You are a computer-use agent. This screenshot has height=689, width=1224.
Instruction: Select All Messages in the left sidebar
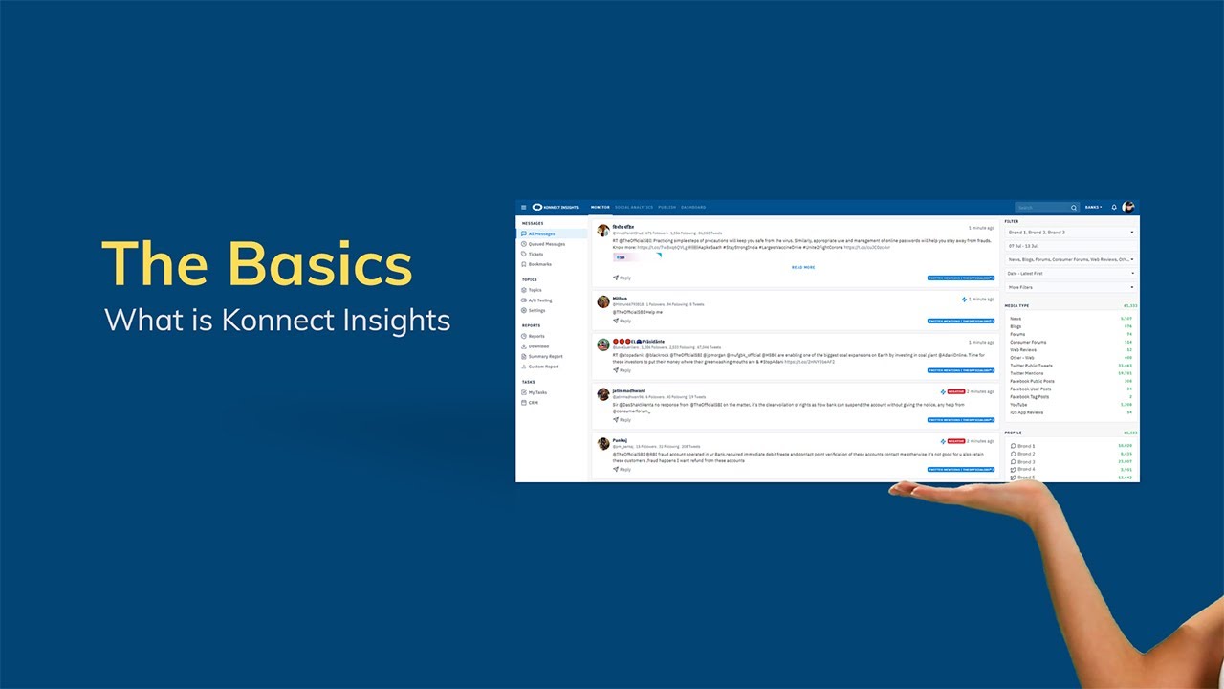(541, 233)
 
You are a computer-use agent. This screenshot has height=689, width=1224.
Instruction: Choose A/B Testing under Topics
(540, 300)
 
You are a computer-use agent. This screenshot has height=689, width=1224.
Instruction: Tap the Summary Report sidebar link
(545, 356)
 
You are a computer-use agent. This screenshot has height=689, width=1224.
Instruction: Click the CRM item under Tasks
(534, 402)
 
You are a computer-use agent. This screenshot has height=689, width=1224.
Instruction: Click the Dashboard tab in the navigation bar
(693, 207)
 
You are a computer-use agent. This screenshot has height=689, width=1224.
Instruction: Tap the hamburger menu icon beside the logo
(523, 207)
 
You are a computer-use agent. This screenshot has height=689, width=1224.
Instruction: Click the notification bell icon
(1114, 207)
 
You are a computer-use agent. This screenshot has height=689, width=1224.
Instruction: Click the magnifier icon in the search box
(1073, 208)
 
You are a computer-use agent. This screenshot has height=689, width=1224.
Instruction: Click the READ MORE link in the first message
(803, 267)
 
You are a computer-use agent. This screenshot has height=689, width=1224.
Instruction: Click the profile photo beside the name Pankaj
(603, 443)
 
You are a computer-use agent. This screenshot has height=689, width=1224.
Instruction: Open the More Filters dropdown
(1070, 287)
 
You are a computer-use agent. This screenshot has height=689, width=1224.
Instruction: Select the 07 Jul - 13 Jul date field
(1070, 246)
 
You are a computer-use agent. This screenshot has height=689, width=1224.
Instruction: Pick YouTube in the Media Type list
(1019, 405)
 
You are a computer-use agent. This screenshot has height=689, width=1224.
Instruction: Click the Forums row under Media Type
(1017, 334)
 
